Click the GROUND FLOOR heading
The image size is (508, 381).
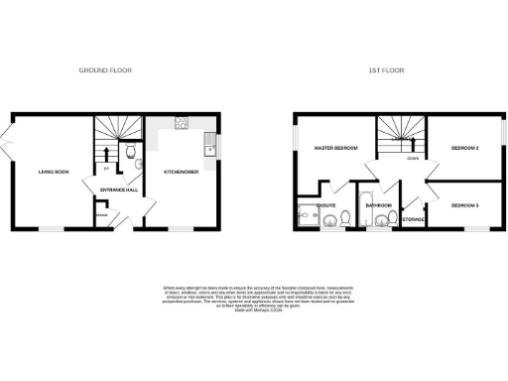[x=105, y=70]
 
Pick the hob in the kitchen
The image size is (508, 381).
[x=183, y=124]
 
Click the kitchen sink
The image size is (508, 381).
[x=209, y=150]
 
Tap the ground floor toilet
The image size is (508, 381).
[x=130, y=152]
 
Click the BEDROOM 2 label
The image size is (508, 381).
[x=464, y=149]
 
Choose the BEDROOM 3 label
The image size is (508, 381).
[x=464, y=204]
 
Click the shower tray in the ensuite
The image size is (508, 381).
[x=306, y=213]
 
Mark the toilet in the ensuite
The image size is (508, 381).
[x=328, y=220]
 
